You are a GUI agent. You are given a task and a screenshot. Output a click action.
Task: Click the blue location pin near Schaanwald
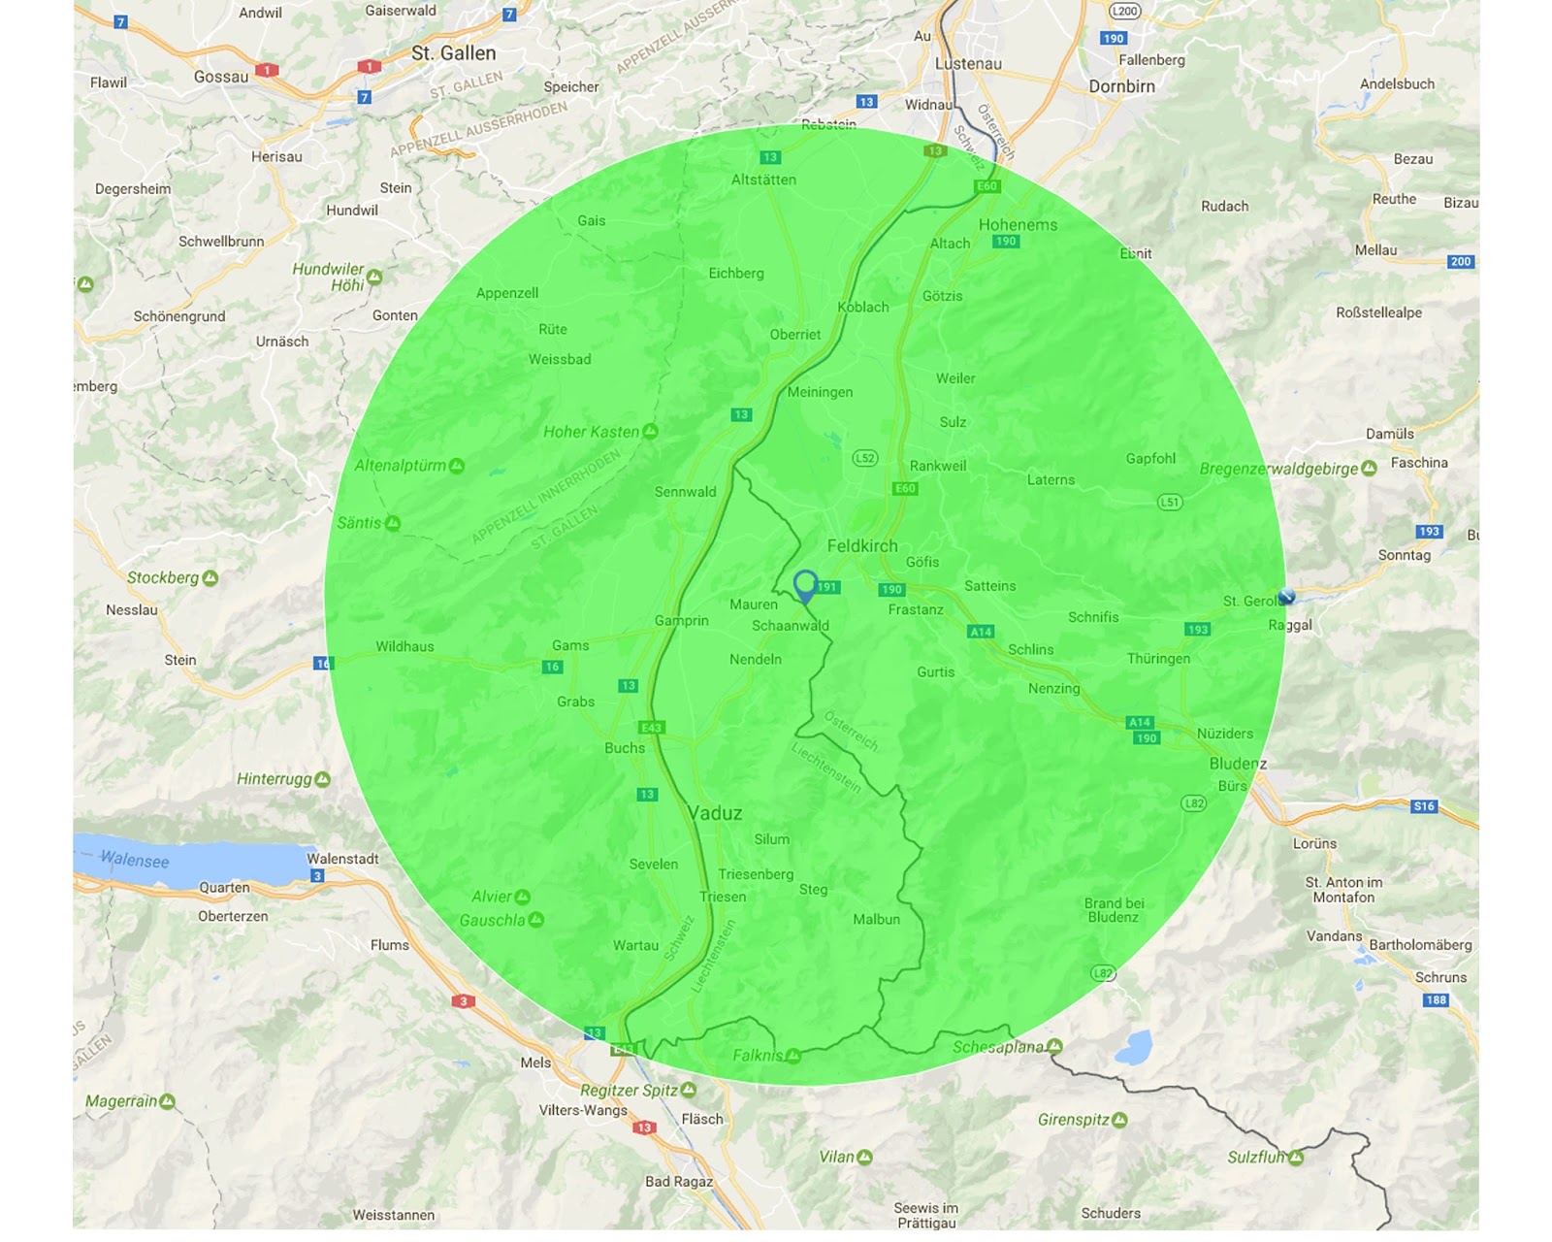pyautogui.click(x=805, y=585)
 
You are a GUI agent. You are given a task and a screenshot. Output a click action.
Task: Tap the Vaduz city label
pyautogui.click(x=715, y=813)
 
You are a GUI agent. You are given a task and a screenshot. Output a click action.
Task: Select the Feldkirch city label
pyautogui.click(x=862, y=546)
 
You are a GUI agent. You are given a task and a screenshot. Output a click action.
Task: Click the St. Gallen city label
pyautogui.click(x=453, y=53)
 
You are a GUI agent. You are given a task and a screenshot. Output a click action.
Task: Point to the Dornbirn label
pyautogui.click(x=1121, y=86)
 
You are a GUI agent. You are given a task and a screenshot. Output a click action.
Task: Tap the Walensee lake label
pyautogui.click(x=135, y=860)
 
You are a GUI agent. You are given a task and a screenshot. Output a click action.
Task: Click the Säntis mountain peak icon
pyautogui.click(x=393, y=524)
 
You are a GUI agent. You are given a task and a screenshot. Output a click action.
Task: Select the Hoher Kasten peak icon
pyautogui.click(x=651, y=432)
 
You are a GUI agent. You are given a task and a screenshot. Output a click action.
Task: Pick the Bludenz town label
pyautogui.click(x=1237, y=764)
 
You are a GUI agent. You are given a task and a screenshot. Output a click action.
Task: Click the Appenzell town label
pyautogui.click(x=506, y=293)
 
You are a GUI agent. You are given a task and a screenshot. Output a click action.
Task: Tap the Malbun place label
pyautogui.click(x=876, y=919)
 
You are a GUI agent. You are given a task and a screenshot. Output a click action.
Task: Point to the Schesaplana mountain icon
pyautogui.click(x=1055, y=1047)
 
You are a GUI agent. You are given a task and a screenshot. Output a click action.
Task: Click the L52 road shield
pyautogui.click(x=865, y=458)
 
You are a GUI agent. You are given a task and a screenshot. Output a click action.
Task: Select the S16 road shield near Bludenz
pyautogui.click(x=1424, y=806)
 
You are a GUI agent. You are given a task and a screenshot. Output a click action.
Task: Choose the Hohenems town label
pyautogui.click(x=1018, y=225)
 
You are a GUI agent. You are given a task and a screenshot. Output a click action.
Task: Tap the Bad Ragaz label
pyautogui.click(x=679, y=1181)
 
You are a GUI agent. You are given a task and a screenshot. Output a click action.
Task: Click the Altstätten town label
pyautogui.click(x=763, y=180)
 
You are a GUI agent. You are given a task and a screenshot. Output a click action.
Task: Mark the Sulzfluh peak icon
pyautogui.click(x=1297, y=1158)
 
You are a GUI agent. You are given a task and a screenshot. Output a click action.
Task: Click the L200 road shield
pyautogui.click(x=1124, y=12)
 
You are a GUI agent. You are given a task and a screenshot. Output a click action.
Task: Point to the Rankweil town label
pyautogui.click(x=938, y=466)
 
